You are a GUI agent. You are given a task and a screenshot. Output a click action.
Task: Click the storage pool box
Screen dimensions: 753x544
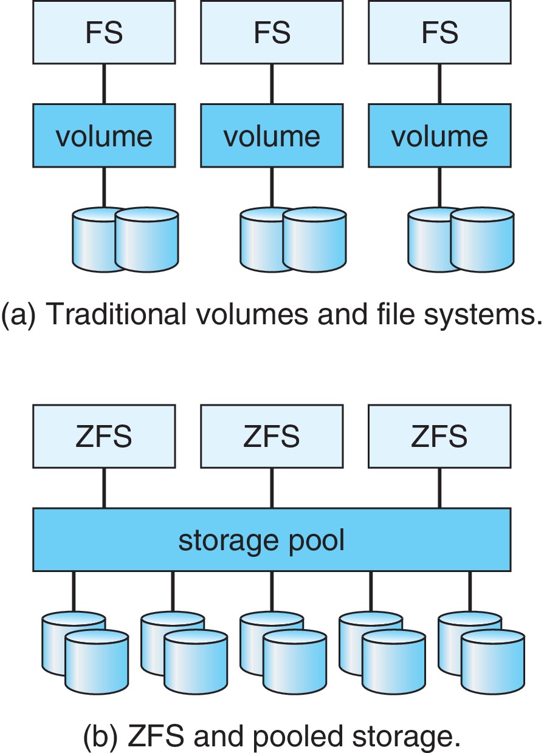pyautogui.click(x=272, y=540)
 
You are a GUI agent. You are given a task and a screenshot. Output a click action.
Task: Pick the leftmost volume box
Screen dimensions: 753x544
pyautogui.click(x=104, y=135)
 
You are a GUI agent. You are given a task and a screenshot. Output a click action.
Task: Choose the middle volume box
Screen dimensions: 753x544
pyautogui.click(x=272, y=135)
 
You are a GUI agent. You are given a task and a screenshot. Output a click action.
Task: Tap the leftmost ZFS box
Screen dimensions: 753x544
pyautogui.click(x=104, y=437)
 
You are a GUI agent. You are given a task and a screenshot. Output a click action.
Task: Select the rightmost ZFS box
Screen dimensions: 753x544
pyautogui.click(x=439, y=437)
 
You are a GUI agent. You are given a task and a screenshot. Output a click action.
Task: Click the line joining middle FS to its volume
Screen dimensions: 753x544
pyautogui.click(x=272, y=84)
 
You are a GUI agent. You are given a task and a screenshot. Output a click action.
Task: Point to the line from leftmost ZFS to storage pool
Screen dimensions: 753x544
pyautogui.click(x=104, y=488)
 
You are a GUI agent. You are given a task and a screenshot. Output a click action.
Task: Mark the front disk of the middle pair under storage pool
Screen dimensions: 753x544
pyautogui.click(x=295, y=662)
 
